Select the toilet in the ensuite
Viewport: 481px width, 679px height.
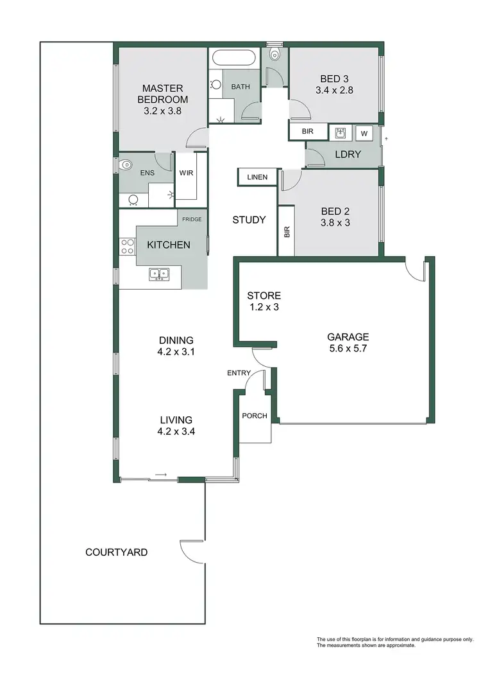127,165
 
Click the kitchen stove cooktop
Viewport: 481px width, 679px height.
127,247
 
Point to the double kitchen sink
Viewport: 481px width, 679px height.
158,274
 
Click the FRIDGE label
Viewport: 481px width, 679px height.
192,220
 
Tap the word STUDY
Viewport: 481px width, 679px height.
249,220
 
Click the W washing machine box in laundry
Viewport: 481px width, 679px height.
364,134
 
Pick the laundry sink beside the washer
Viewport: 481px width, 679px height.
340,134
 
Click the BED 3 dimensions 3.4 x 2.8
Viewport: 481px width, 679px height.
334,91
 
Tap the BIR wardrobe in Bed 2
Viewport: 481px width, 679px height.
287,231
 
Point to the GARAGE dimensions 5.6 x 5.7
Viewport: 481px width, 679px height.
348,349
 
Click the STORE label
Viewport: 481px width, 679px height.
264,296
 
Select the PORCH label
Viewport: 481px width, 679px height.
255,416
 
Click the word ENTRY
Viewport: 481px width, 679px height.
239,373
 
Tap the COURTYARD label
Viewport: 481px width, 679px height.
117,552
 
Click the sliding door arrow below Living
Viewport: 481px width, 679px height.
162,475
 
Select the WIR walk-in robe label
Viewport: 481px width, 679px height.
187,173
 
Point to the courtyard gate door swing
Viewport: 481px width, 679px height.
191,549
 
